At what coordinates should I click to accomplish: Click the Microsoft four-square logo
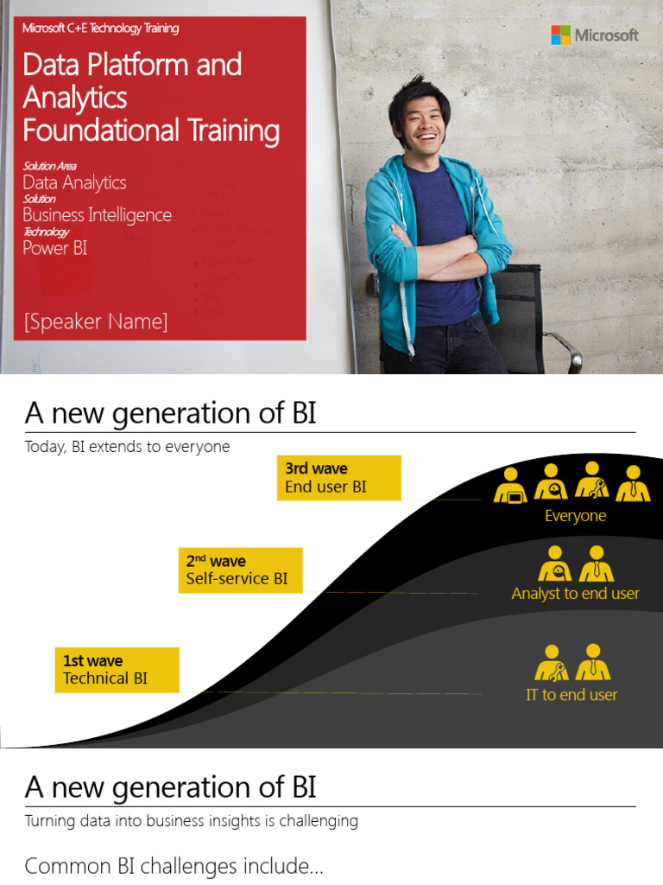[x=561, y=35]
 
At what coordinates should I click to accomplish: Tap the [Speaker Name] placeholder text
[x=96, y=322]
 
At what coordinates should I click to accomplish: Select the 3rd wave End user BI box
[x=338, y=477]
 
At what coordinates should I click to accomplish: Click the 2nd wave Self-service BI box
[x=240, y=570]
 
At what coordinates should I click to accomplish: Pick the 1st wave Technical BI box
[x=117, y=670]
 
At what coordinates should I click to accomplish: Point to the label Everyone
[x=575, y=516]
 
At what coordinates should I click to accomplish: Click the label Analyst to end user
[x=575, y=594]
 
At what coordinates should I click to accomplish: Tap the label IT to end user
[x=571, y=695]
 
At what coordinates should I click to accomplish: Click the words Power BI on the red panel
[x=54, y=248]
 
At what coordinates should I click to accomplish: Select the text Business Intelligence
[x=97, y=215]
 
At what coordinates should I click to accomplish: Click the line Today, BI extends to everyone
[x=127, y=447]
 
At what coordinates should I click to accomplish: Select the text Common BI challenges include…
[x=174, y=866]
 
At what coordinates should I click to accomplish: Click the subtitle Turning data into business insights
[x=191, y=821]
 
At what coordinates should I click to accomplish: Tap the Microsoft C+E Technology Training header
[x=100, y=29]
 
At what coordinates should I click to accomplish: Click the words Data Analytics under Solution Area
[x=74, y=182]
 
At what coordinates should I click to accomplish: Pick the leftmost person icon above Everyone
[x=510, y=485]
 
